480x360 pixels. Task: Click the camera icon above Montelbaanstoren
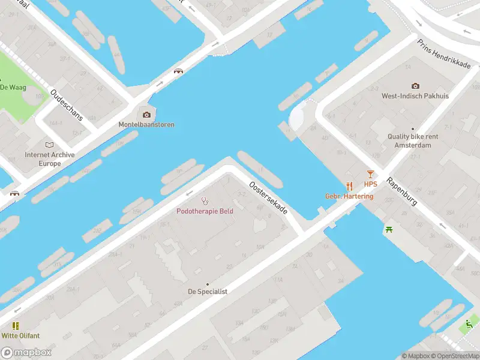tap(146, 115)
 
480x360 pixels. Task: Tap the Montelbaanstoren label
tap(146, 125)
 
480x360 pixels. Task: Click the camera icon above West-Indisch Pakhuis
tap(415, 86)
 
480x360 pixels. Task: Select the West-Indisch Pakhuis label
tap(415, 96)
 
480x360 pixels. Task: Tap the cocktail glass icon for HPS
tap(370, 174)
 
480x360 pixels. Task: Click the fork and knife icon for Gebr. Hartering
tap(349, 187)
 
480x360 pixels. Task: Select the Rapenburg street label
tap(401, 191)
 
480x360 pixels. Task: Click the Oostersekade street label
tap(268, 199)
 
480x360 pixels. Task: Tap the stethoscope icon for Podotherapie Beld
tap(205, 201)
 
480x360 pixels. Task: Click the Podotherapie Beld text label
tap(205, 211)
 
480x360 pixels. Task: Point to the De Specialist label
tap(208, 292)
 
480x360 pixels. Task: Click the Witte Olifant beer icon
tap(16, 326)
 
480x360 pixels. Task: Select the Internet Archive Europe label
tap(50, 159)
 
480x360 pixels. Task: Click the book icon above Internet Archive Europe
tap(49, 145)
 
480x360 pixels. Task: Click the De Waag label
tap(13, 87)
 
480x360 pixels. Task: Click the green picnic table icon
tap(389, 229)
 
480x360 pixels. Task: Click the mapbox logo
tap(26, 352)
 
